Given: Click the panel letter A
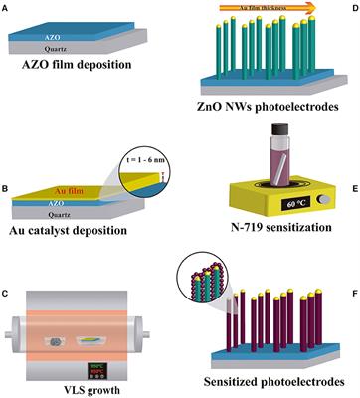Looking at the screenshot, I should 6,9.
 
